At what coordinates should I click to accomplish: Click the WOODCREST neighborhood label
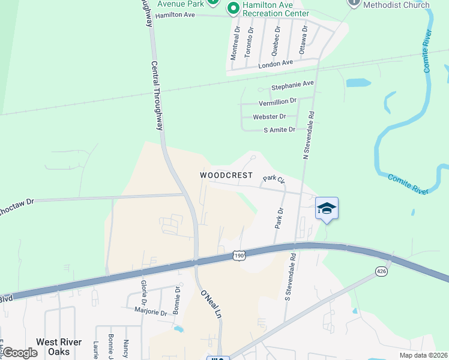[x=225, y=175]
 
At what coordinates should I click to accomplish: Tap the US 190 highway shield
[x=240, y=256]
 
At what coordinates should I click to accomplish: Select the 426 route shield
[x=382, y=271]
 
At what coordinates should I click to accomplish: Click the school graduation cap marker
[x=327, y=208]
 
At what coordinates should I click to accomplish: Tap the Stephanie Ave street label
[x=292, y=84]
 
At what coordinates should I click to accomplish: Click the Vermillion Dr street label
[x=277, y=101]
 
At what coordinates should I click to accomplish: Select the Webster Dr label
[x=270, y=116]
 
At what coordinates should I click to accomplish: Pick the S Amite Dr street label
[x=280, y=129]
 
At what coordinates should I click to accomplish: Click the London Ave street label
[x=275, y=62]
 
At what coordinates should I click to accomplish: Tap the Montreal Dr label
[x=235, y=42]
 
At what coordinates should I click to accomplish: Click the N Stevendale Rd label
[x=309, y=134]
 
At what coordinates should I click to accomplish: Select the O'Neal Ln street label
[x=211, y=304]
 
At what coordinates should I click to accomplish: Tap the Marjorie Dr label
[x=151, y=312]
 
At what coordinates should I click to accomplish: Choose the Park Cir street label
[x=273, y=179]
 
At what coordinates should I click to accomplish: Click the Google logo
[x=20, y=353]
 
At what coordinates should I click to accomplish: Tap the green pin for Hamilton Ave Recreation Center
[x=233, y=8]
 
